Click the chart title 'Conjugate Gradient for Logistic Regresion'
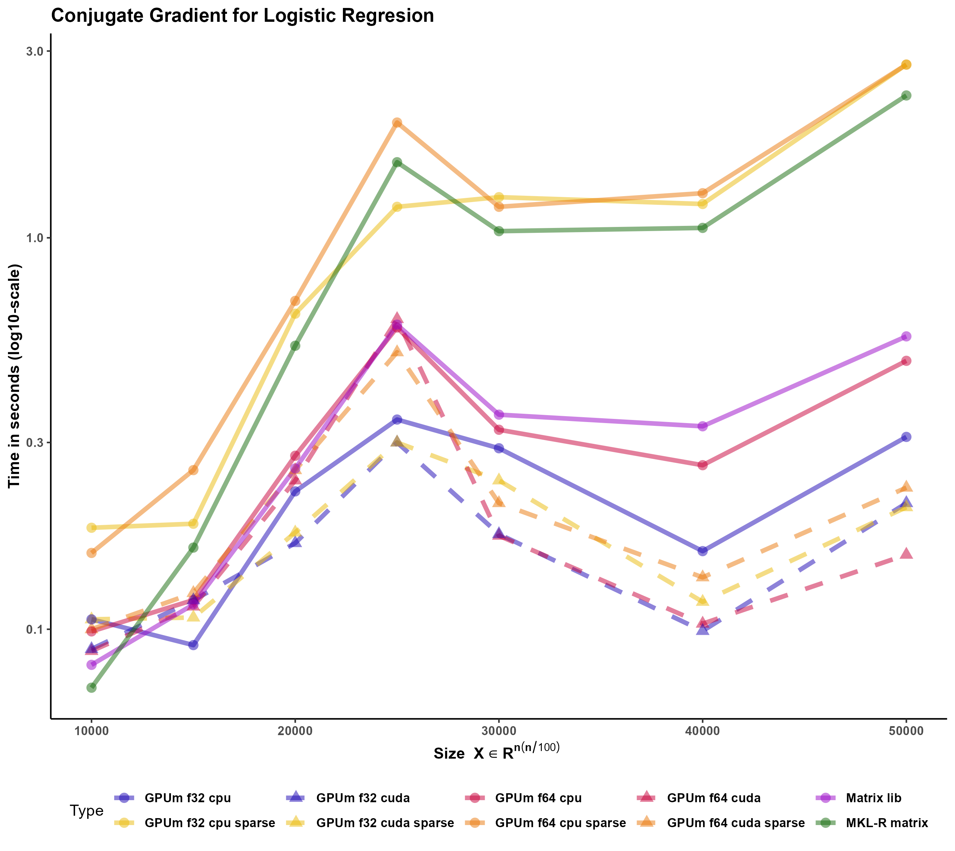[242, 16]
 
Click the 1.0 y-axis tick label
[34, 238]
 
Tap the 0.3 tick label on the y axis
[34, 442]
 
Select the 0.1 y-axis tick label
[34, 629]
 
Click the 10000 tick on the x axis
[92, 731]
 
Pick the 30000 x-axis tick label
[499, 731]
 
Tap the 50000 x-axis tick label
[906, 731]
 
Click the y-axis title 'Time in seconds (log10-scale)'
[15, 376]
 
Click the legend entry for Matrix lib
[873, 798]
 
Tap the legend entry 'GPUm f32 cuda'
[363, 798]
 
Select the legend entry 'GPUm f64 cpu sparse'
[560, 823]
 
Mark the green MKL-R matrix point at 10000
[92, 687]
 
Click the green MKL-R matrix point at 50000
[906, 95]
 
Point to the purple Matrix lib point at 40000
[702, 426]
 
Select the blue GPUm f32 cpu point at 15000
[193, 645]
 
